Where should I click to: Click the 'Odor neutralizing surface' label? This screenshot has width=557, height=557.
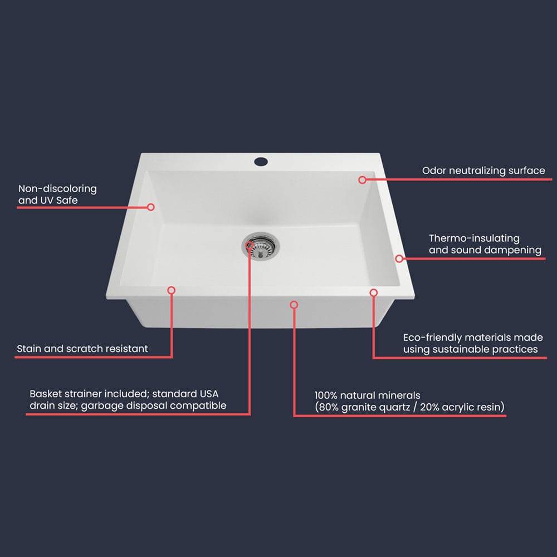[x=483, y=170]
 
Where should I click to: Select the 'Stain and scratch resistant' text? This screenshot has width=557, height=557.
[x=82, y=349]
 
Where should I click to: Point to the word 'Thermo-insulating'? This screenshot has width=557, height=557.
[x=474, y=238]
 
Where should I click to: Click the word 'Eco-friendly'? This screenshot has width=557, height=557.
[x=428, y=338]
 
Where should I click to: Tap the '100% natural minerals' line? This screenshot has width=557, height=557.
[x=368, y=395]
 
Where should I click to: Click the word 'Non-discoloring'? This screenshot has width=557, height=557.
[x=57, y=189]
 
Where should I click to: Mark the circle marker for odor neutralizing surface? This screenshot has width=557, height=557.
[x=362, y=179]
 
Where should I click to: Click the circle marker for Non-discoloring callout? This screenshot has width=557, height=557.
[x=150, y=207]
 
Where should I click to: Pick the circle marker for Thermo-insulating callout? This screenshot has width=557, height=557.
[x=399, y=258]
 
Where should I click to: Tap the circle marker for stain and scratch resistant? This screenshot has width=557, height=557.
[x=171, y=290]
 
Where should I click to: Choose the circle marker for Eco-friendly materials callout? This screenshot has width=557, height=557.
[x=373, y=292]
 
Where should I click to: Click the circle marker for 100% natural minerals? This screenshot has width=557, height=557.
[x=294, y=304]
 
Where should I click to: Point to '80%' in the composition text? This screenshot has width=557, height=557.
[x=330, y=407]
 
